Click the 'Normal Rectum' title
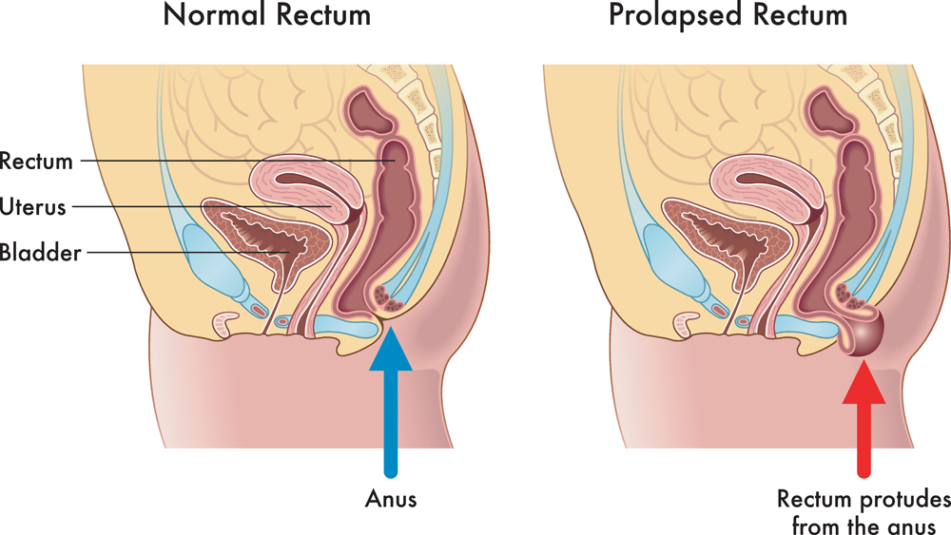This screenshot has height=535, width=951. (x=266, y=16)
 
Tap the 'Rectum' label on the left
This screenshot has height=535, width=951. (x=37, y=162)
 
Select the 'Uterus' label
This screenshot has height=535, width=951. (x=37, y=205)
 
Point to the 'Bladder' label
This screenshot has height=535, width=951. (x=41, y=253)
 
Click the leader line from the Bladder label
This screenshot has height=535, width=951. (x=190, y=253)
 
